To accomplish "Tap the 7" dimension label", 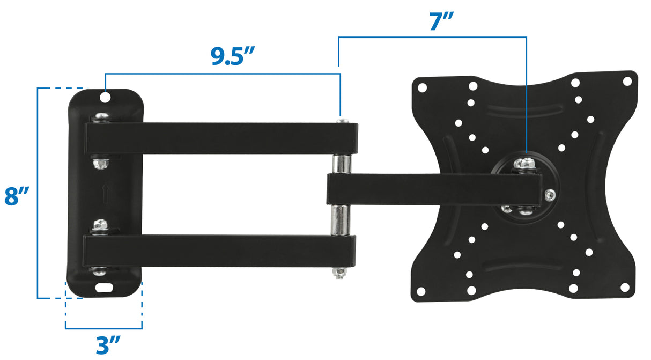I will click(x=441, y=21).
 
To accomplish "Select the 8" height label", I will click(x=16, y=196).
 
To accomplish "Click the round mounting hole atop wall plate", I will click(x=105, y=98).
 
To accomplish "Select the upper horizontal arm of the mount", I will click(x=220, y=138).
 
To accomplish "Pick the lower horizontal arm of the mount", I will click(x=220, y=251).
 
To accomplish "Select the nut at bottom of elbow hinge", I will click(x=339, y=273).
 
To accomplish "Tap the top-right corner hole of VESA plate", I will click(x=626, y=81).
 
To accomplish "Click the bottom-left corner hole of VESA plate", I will click(x=421, y=291).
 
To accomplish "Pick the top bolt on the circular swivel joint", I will click(x=524, y=163).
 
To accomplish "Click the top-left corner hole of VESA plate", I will click(x=422, y=86).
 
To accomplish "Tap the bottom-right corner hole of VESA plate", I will click(x=625, y=288).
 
